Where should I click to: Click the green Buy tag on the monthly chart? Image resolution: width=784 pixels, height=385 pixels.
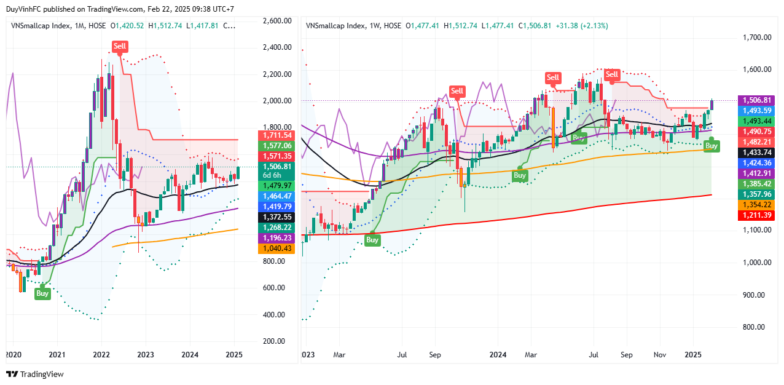(42, 293)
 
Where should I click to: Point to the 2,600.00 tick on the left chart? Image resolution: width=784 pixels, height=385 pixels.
(276, 20)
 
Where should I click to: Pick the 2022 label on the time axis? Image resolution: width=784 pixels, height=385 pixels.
(101, 355)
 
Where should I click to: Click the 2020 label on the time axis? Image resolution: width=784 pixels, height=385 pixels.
(13, 355)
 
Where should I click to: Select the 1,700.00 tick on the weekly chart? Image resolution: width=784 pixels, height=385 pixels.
(757, 38)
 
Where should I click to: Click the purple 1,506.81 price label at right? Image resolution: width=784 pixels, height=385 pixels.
(758, 100)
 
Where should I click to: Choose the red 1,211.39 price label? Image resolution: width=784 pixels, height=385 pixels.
(758, 215)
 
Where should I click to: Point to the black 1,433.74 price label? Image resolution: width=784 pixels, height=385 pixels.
(758, 152)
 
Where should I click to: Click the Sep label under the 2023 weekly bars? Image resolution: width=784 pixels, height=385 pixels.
(436, 355)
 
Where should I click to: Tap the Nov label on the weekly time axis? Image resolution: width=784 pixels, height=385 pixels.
(661, 355)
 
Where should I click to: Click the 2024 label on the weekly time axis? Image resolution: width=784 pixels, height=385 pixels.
(498, 355)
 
